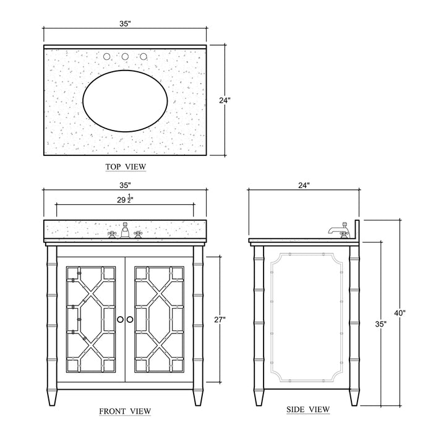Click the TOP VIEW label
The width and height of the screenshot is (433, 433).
click(x=126, y=167)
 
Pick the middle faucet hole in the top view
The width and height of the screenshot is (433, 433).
click(x=125, y=57)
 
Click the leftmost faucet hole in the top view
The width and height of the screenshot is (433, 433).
click(x=106, y=57)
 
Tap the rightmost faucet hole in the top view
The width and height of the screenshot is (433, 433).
click(x=144, y=57)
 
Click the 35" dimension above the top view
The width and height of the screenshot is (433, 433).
click(x=125, y=24)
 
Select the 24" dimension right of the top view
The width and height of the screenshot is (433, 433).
click(x=225, y=100)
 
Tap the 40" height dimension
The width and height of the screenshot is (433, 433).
click(x=401, y=313)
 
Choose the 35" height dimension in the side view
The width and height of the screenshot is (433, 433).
click(x=380, y=324)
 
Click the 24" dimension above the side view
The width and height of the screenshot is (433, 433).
click(x=303, y=184)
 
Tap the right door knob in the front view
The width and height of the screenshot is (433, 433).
click(x=130, y=319)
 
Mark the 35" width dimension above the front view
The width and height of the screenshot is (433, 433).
click(x=125, y=184)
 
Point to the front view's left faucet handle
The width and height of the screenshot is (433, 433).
click(x=112, y=234)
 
